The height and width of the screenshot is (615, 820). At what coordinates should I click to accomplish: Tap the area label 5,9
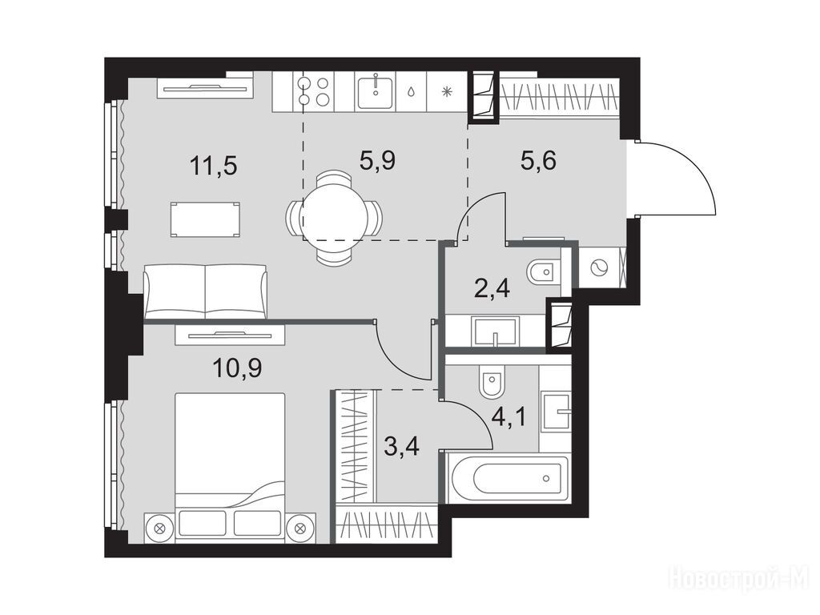tap(377, 160)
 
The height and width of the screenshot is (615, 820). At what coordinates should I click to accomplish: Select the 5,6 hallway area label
tap(538, 160)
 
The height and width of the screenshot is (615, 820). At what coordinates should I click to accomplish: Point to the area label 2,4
tap(491, 288)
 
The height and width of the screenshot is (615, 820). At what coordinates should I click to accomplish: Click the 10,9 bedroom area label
tap(237, 368)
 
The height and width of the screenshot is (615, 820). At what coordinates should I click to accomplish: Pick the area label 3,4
tap(401, 446)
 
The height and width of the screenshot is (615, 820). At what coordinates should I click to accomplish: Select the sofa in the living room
tap(205, 291)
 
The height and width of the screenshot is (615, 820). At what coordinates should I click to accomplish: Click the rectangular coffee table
tap(205, 220)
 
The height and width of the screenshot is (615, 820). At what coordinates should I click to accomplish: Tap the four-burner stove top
tap(313, 91)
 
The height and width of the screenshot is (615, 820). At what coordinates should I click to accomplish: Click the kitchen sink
tap(376, 91)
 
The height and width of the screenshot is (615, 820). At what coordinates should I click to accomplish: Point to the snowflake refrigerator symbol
tap(446, 93)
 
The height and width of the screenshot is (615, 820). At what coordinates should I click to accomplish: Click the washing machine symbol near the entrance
tap(597, 267)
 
